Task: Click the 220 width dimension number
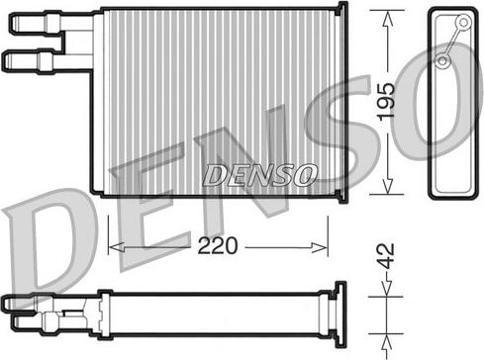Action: pyautogui.click(x=218, y=245)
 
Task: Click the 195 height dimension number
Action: pyautogui.click(x=386, y=102)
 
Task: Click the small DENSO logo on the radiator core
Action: pyautogui.click(x=259, y=175)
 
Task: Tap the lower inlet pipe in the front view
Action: pyautogui.click(x=47, y=61)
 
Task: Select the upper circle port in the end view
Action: pyautogui.click(x=463, y=23)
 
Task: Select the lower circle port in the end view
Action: pyautogui.click(x=442, y=61)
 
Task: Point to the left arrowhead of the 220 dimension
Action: pyautogui.click(x=117, y=247)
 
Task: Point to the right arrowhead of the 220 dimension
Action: pyautogui.click(x=319, y=247)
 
